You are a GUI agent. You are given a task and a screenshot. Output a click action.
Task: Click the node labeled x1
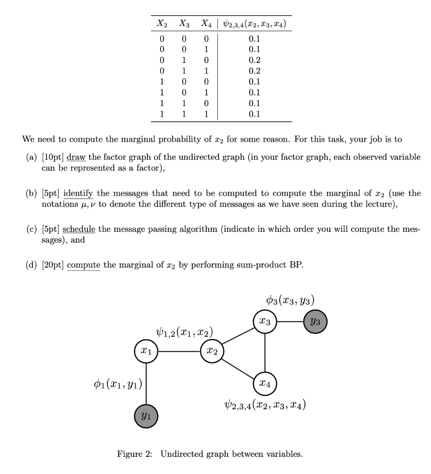[146, 352]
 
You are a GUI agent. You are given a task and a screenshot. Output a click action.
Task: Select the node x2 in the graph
[212, 352]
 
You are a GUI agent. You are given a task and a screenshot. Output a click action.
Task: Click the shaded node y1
[146, 416]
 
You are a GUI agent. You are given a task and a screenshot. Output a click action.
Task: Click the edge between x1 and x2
[179, 352]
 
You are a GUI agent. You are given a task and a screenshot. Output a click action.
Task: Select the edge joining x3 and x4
[265, 352]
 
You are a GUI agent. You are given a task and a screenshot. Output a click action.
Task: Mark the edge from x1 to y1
[146, 384]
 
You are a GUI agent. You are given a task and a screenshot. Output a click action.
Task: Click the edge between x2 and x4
[238, 367]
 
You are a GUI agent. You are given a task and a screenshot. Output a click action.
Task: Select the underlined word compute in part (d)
[84, 265]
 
